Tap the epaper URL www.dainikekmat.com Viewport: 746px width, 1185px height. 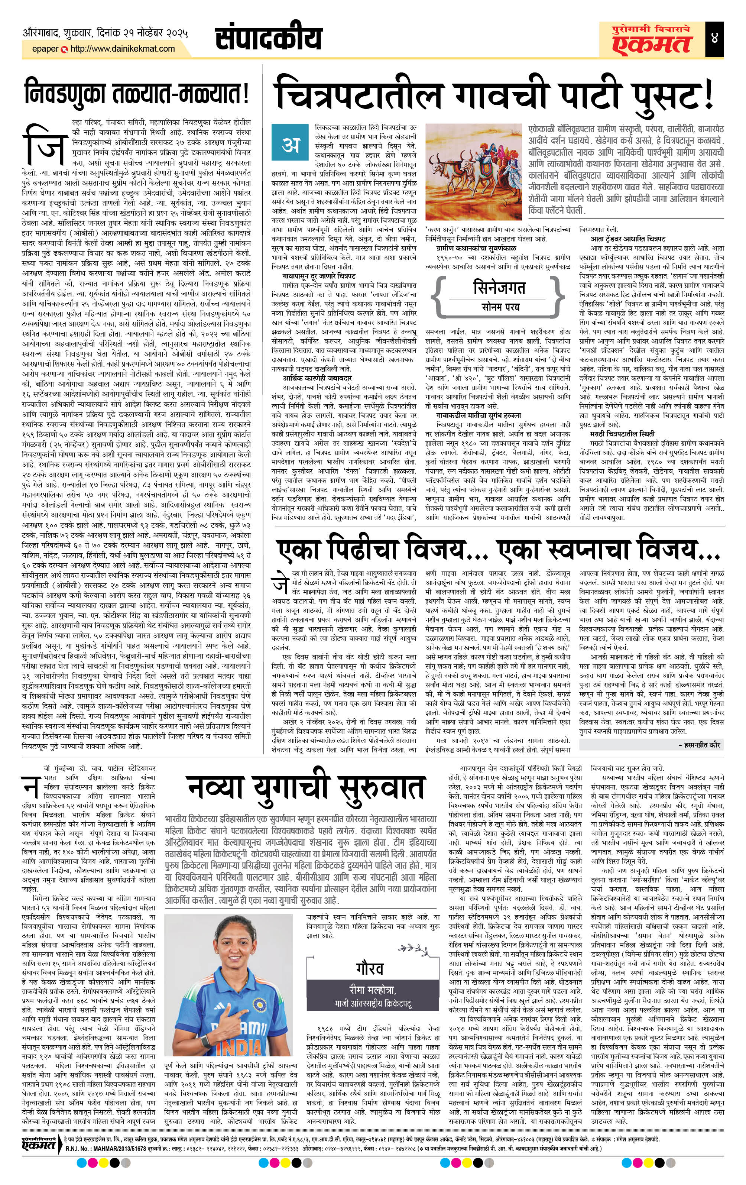click(122, 49)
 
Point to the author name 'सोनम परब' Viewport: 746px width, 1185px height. click(499, 308)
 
